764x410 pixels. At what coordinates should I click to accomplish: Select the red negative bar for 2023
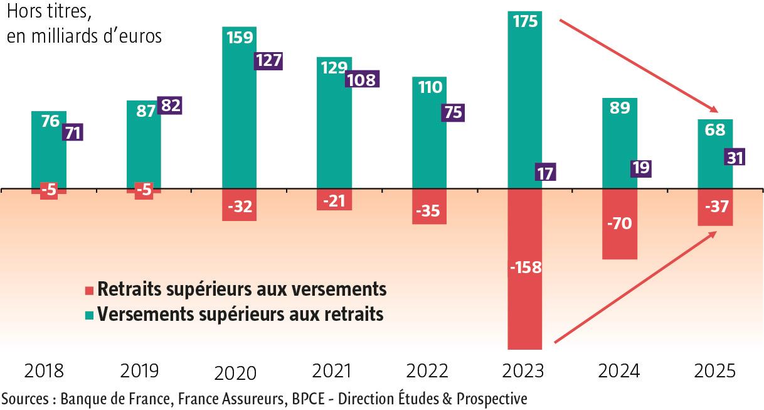pos(524,301)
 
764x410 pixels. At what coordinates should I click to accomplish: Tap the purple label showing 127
pos(268,60)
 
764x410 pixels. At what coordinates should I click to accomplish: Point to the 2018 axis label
pos(44,371)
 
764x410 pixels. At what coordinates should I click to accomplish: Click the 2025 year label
pos(714,371)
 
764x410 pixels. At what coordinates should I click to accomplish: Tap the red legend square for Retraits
pos(90,291)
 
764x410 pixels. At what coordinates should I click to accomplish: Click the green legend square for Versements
pos(90,315)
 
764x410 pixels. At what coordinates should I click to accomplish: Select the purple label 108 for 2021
pos(362,80)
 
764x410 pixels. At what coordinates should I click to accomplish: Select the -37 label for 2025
pos(715,207)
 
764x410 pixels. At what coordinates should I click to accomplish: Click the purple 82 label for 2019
pos(169,105)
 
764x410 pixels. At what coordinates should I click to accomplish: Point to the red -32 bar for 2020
pos(240,207)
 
